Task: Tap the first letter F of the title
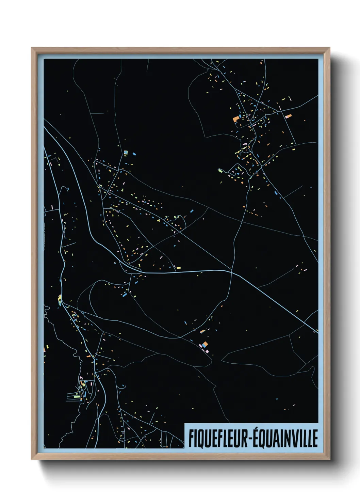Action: [x=191, y=438]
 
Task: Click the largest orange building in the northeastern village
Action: [x=236, y=119]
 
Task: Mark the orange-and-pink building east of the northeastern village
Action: [x=289, y=116]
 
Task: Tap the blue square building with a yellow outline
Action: [x=126, y=152]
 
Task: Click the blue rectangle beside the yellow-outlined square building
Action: [x=134, y=154]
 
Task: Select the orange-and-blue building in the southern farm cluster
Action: [x=204, y=345]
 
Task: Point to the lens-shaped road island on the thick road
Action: [x=133, y=269]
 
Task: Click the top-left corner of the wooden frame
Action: [x=32, y=48]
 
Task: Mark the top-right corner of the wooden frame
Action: [x=329, y=48]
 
